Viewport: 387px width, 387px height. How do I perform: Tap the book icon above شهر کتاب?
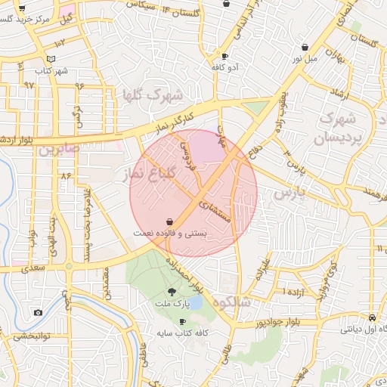tap(51, 59)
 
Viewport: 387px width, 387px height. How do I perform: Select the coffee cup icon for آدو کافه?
tap(224, 56)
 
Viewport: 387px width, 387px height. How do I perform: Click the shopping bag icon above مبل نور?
tap(304, 46)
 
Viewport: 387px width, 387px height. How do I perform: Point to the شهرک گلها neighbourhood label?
tap(153, 95)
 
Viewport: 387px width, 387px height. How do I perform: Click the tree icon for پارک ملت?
tap(172, 292)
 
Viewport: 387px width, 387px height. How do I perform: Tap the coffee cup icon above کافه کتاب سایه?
tap(182, 321)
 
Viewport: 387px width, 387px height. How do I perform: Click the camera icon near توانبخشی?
tap(38, 312)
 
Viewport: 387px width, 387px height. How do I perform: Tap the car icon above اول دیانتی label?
tap(372, 317)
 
